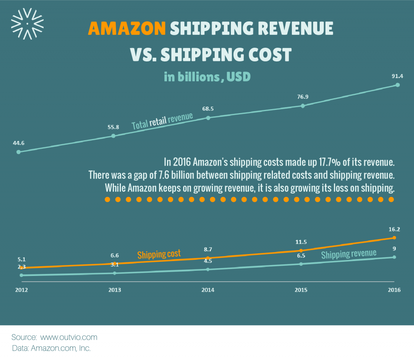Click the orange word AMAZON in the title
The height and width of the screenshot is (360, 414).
(127, 29)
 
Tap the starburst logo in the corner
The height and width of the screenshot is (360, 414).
(27, 24)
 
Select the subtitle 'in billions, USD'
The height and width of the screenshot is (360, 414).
(207, 76)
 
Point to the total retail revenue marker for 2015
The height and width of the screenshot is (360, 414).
(303, 106)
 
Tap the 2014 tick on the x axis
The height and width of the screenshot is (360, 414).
(208, 290)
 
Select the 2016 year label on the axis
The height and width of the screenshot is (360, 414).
(394, 290)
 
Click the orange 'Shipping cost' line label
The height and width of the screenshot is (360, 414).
(158, 255)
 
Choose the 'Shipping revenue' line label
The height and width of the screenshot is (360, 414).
(349, 254)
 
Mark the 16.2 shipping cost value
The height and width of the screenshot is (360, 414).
(395, 229)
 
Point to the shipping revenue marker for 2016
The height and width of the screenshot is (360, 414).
(394, 257)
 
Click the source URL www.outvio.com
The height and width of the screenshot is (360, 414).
(69, 337)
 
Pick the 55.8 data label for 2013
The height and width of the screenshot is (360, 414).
(113, 127)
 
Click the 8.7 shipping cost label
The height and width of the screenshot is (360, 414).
(208, 250)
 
